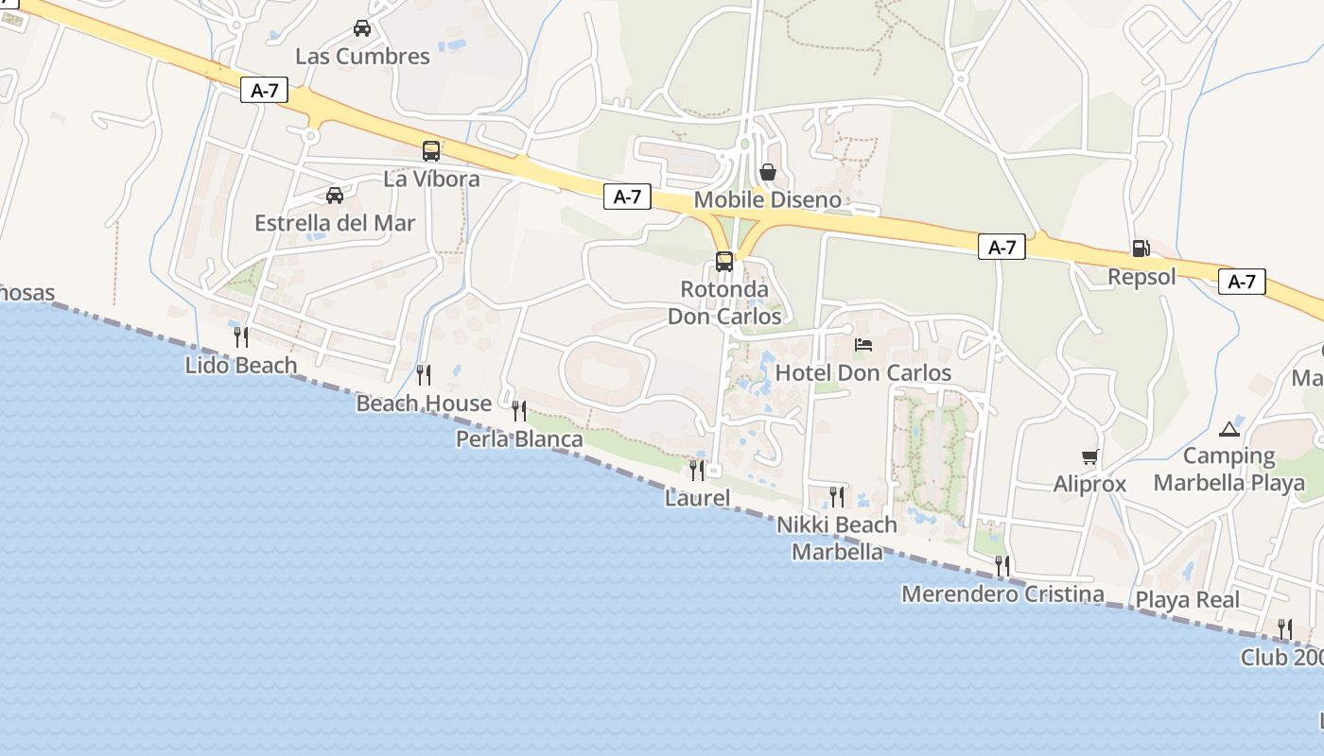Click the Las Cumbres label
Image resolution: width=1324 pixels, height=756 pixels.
(x=362, y=56)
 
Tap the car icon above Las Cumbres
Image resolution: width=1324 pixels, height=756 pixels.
(x=362, y=28)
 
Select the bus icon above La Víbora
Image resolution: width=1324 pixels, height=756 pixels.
(x=431, y=151)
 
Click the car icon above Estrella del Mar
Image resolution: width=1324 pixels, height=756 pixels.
(x=335, y=196)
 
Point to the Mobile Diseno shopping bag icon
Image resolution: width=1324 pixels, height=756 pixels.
(x=768, y=172)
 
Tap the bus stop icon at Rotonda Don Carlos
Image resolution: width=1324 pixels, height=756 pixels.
(x=724, y=262)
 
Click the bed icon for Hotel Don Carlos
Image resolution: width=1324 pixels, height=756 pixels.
(x=863, y=345)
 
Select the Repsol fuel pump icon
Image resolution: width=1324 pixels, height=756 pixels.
(x=1141, y=249)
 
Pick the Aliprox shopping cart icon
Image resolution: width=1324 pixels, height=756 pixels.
(x=1090, y=457)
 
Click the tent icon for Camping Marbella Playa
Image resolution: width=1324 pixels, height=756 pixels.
(x=1229, y=429)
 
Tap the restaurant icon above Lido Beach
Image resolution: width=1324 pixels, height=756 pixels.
(x=241, y=336)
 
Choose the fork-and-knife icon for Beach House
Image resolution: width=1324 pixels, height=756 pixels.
(x=424, y=375)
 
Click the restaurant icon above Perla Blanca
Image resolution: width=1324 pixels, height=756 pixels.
(x=519, y=411)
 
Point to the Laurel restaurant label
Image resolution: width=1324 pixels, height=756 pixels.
(x=697, y=497)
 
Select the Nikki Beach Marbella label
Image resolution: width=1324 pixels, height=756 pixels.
(x=837, y=538)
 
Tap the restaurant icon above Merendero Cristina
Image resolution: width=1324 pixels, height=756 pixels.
(x=1002, y=566)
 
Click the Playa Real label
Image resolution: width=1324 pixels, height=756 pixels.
(x=1187, y=599)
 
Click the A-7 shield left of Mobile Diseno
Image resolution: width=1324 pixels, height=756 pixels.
(x=628, y=197)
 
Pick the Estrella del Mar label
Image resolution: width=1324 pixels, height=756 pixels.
(x=335, y=224)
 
